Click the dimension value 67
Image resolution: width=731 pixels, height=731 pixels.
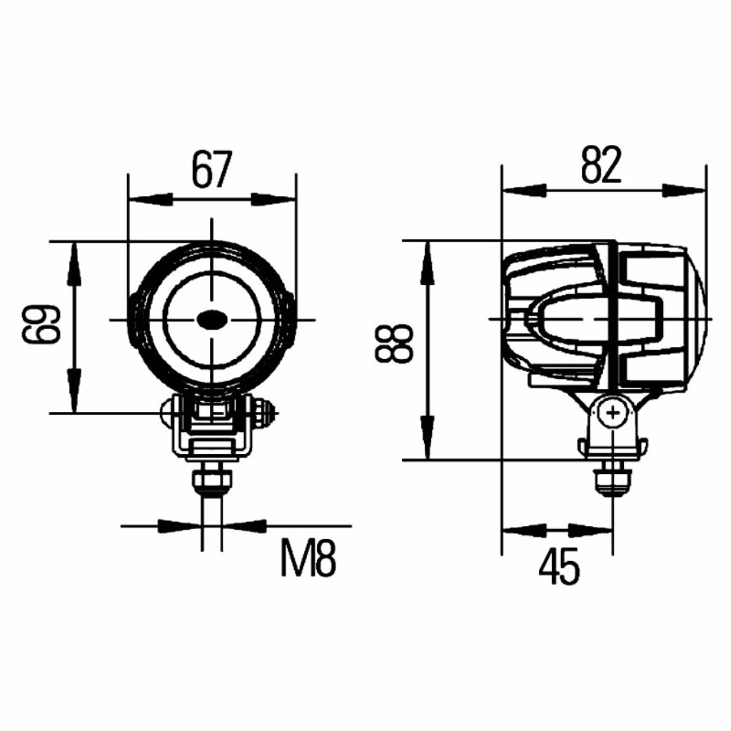[211, 168]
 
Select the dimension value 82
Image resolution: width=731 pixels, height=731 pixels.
[601, 165]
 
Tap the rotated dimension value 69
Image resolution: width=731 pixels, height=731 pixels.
[41, 324]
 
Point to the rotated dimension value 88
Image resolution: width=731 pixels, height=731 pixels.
[394, 344]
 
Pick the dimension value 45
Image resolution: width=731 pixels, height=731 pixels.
[559, 566]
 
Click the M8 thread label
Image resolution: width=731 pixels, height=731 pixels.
[308, 558]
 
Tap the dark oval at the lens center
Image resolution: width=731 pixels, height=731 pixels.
[211, 319]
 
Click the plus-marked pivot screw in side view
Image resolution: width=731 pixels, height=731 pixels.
[613, 413]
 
